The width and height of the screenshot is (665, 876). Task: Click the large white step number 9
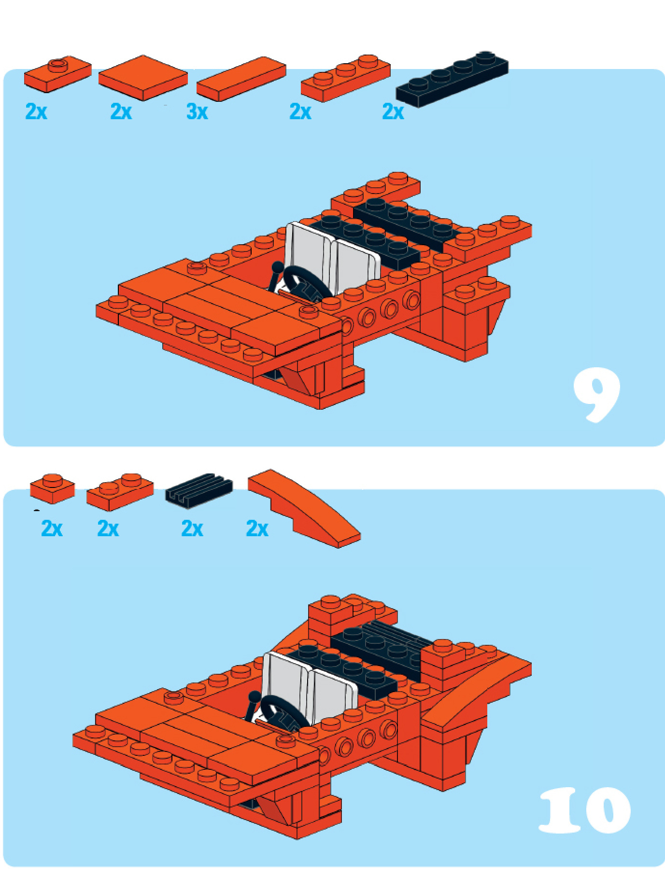coord(597,395)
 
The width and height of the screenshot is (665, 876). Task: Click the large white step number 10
coord(585,810)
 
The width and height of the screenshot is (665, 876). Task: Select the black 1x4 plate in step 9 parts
coord(452,79)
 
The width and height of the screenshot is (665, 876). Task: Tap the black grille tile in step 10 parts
coord(199,490)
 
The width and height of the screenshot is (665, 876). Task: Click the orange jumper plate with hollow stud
coord(58,74)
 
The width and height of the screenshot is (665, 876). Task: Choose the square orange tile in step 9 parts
coord(143,78)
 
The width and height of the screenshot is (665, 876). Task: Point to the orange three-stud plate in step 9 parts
coord(346,78)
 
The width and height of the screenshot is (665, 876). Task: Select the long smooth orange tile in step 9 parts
coord(241,79)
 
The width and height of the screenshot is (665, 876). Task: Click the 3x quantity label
coord(197,112)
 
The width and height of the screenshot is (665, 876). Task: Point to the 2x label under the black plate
coord(393,112)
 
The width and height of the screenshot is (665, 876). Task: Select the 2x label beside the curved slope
coord(257,529)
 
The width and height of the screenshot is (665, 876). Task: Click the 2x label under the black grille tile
coord(192,529)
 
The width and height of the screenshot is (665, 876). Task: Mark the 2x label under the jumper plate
coord(36,112)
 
